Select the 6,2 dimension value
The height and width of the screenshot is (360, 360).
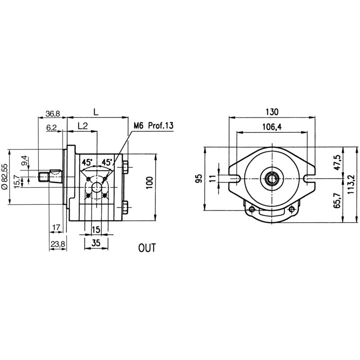tap(52, 128)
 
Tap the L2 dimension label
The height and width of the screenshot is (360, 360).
tap(82, 127)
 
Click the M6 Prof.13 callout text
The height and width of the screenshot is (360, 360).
tap(153, 126)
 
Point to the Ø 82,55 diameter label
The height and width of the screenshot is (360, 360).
tap(4, 177)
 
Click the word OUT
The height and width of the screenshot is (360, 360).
tap(146, 247)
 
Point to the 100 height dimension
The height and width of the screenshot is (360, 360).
tap(150, 182)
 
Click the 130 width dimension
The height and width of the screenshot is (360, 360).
tap(272, 112)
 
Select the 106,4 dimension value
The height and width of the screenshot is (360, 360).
tap(271, 127)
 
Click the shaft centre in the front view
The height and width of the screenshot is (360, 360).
tap(271, 178)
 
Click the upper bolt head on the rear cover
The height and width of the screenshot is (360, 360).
tap(125, 167)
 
